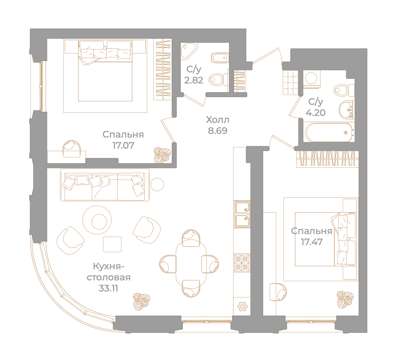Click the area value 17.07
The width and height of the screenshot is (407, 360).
point(123,146)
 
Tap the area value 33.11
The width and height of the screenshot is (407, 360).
point(108,288)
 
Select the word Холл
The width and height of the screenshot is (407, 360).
point(218,120)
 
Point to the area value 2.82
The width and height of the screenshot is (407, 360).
point(194,80)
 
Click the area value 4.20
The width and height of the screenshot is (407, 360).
point(316,113)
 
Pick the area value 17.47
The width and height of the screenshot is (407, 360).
point(311,242)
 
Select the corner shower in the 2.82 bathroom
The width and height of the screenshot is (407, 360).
point(189,51)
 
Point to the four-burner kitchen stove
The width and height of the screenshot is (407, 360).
point(242,263)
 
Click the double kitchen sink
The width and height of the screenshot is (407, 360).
point(242,214)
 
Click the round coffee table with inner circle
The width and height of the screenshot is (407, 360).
point(97,220)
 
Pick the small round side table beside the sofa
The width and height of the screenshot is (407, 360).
point(157,184)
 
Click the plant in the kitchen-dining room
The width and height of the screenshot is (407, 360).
point(141,301)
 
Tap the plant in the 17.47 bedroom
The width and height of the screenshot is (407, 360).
point(345,300)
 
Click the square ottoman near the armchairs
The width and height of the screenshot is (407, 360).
point(112,244)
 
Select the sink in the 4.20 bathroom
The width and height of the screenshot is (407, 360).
point(346,110)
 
